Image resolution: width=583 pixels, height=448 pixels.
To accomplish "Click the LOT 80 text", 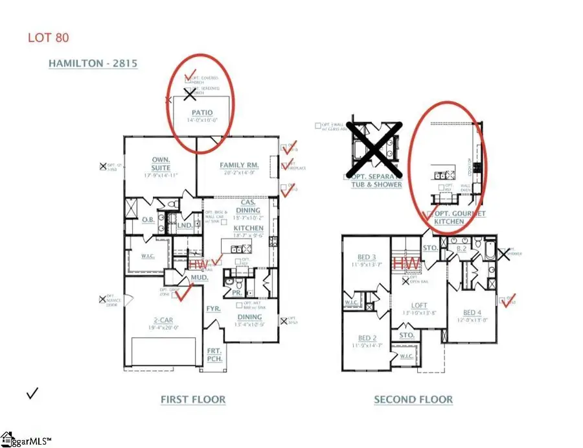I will click(49, 37).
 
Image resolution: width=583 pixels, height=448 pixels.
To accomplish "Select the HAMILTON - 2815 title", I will click(93, 64).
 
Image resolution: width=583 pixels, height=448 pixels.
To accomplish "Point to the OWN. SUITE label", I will click(161, 163).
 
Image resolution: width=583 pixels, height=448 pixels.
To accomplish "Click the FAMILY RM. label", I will click(239, 165).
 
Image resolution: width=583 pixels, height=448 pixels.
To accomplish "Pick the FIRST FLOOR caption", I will click(193, 399).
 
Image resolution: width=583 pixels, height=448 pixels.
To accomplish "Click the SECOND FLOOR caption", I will click(413, 399).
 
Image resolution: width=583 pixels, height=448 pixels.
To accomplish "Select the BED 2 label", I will click(367, 338).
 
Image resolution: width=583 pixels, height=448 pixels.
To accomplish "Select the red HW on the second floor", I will click(407, 264).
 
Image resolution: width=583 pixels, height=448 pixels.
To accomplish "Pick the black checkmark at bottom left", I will click(32, 393).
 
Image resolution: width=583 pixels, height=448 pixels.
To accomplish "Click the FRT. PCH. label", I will click(214, 354).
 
